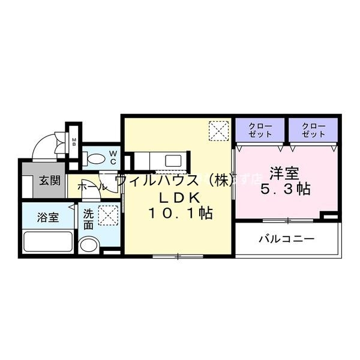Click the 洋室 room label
[284, 173]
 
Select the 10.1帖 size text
[177, 213]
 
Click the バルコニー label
[286, 239]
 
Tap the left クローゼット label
[260, 130]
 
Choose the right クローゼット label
[313, 130]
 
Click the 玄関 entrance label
[50, 181]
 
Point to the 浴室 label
[49, 217]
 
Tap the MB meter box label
[74, 142]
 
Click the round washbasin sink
[89, 246]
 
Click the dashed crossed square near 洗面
[108, 214]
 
